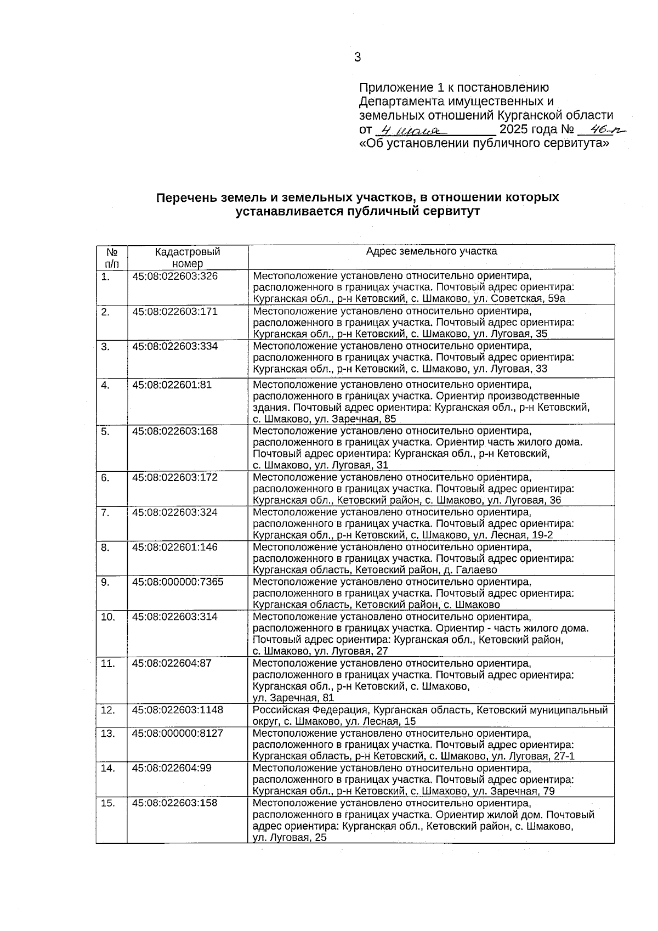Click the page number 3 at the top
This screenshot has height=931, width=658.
tap(358, 57)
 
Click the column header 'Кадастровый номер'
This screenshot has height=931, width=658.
tap(188, 257)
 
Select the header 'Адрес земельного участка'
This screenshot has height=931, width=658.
tap(432, 251)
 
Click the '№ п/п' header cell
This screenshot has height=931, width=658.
tap(112, 257)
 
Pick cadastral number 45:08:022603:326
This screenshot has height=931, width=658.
tap(175, 276)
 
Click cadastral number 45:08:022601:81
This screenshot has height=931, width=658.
tap(172, 385)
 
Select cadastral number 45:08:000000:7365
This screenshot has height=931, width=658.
tap(178, 582)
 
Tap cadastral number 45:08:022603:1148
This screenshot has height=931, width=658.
tap(178, 710)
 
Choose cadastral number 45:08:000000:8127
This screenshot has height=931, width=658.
tap(178, 733)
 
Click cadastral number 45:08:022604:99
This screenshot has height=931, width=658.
tap(172, 768)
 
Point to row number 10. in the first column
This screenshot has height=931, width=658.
tap(108, 617)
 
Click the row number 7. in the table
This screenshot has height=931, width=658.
tap(105, 512)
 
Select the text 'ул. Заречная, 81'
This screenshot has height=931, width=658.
tap(293, 698)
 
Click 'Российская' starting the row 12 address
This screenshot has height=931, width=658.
tap(278, 710)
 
